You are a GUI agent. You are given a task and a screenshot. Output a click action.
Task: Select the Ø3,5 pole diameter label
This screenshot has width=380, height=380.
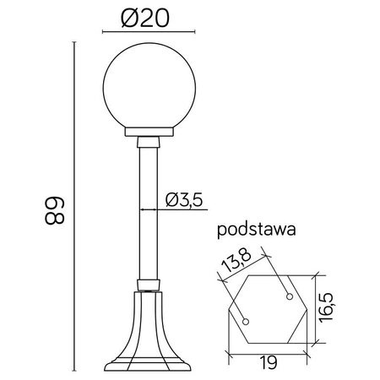182,199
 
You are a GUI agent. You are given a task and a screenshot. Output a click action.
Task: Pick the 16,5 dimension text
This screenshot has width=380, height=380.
334,300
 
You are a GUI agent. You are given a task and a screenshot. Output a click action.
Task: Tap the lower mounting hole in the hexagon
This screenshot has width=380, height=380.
246,321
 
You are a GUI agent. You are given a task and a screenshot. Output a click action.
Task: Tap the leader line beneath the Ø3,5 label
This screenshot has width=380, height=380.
177,209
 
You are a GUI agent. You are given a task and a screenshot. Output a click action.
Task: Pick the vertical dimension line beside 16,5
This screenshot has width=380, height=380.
318,308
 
